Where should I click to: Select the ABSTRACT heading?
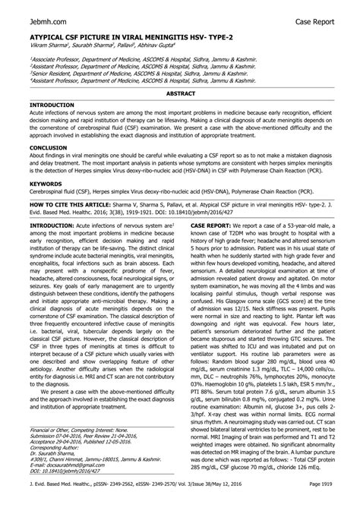point(180,92)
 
